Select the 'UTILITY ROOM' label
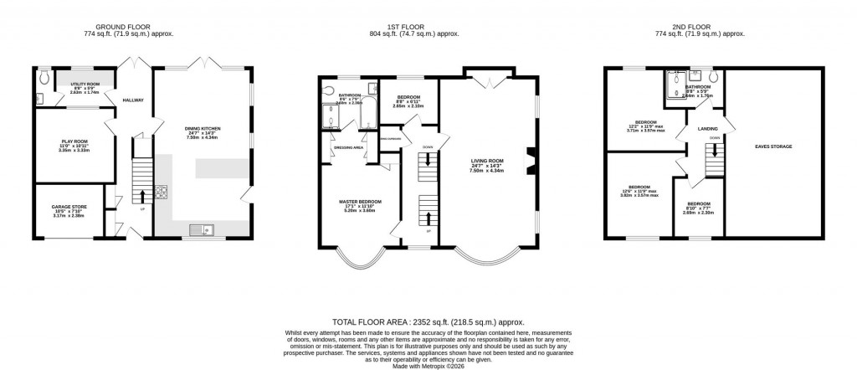[x=84, y=85]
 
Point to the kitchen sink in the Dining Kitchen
[x=202, y=229]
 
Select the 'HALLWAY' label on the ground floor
[x=133, y=100]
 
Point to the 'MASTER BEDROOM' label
[x=360, y=202]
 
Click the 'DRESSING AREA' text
[x=348, y=147]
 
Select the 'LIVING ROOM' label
[x=486, y=159]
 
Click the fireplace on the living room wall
[x=529, y=159]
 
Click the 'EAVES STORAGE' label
[x=774, y=146]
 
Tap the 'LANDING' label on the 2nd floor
[x=708, y=128]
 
